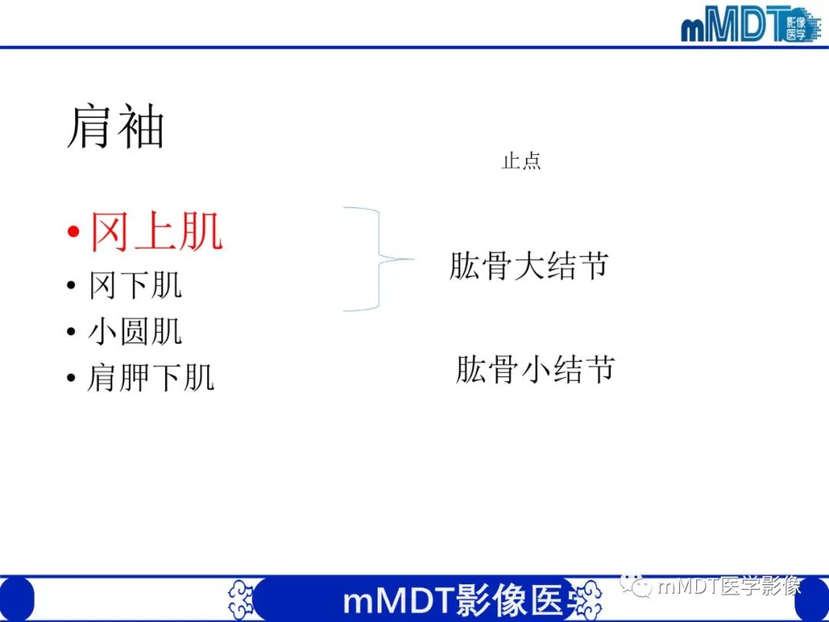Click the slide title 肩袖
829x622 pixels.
(115, 127)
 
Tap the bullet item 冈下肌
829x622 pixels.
(135, 286)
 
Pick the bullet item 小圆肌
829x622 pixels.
(135, 332)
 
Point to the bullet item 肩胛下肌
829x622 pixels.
(150, 378)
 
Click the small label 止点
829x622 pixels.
(521, 161)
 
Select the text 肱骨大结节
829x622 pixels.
(529, 266)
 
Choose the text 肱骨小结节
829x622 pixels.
(535, 369)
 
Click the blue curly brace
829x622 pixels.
(376, 259)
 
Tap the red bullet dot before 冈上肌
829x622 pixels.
(73, 232)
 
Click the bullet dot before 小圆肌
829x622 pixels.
(71, 333)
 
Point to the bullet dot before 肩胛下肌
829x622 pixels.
(71, 379)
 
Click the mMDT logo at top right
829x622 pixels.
(748, 25)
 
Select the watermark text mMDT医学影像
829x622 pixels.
(729, 587)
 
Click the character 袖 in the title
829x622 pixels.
(140, 127)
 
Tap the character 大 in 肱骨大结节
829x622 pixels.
(529, 266)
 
